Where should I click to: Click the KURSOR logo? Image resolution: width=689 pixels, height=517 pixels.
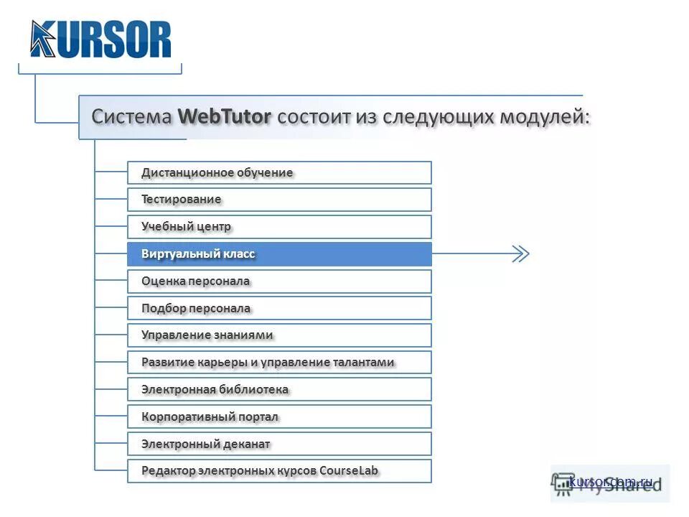coord(100,39)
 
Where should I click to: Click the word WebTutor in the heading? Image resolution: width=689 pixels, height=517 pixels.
coord(225,116)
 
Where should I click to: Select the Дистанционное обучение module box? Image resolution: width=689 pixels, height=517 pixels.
coord(279,172)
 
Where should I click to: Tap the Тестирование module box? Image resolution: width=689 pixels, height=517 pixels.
coord(279,200)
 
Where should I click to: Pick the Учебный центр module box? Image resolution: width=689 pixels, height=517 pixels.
coord(279,227)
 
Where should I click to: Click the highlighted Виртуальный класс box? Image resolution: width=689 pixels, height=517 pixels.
coord(279,254)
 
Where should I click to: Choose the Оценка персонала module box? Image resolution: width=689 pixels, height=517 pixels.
coord(279,281)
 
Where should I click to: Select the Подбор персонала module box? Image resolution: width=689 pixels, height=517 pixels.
coord(279,309)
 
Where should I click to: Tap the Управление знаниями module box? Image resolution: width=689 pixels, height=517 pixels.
coord(279,335)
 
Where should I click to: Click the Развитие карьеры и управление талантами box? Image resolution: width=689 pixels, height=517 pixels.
coord(279,363)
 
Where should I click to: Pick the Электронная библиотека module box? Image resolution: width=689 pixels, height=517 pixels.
coord(279,390)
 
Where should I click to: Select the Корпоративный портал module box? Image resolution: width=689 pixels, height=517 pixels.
coord(279,417)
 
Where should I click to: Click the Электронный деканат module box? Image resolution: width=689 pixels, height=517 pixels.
coord(279,444)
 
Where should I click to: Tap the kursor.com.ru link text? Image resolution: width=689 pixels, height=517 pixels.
coord(611,482)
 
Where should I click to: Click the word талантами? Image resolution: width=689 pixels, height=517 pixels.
coord(364,363)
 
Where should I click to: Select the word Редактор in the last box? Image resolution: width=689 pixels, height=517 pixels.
coord(167,471)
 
